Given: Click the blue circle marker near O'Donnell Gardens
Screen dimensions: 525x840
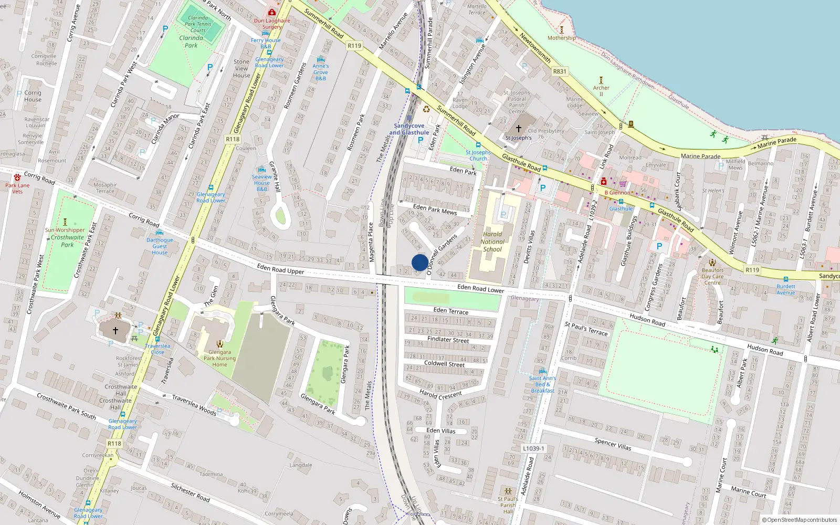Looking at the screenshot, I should [419, 262].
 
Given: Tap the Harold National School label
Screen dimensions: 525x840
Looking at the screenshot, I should [492, 242].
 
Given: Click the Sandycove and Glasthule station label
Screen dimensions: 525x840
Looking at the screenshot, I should [409, 129].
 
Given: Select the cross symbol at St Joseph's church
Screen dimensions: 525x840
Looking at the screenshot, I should [518, 128].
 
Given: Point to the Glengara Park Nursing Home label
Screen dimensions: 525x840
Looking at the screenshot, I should [219, 359].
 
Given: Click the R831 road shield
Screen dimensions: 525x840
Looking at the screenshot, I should [560, 71].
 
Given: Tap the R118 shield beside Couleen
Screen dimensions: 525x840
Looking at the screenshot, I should [233, 139].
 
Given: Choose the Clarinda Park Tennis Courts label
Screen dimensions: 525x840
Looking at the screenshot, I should [198, 24].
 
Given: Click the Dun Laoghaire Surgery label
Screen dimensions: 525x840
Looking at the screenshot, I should [272, 24].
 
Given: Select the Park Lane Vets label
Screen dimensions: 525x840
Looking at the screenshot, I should [17, 188].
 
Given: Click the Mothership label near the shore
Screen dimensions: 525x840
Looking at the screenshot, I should [561, 38].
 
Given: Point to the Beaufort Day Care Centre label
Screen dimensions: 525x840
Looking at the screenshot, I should [712, 277].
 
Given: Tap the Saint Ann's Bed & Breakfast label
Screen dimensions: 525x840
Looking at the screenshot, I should [542, 384].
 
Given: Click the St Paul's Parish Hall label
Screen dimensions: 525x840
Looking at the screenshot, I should [508, 505].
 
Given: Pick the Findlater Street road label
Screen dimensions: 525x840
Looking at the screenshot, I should [448, 340].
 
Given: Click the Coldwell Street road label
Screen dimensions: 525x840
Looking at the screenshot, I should [444, 363].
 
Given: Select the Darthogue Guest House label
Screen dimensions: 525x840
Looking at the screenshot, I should [160, 246].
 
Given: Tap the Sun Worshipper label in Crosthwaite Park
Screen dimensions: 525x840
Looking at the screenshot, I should [65, 230].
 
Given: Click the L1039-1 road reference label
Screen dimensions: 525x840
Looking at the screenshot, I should [534, 448].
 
